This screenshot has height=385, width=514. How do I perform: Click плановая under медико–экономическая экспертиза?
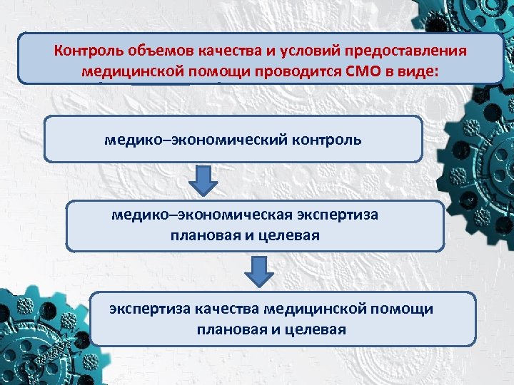click(x=201, y=235)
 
